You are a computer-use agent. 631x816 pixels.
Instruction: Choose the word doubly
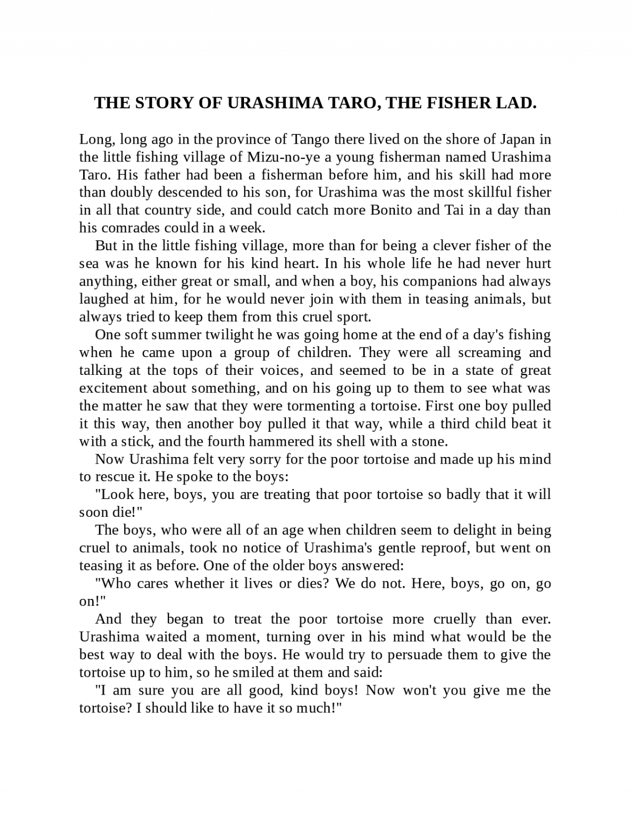point(131,192)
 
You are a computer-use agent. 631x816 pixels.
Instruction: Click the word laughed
point(104,299)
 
